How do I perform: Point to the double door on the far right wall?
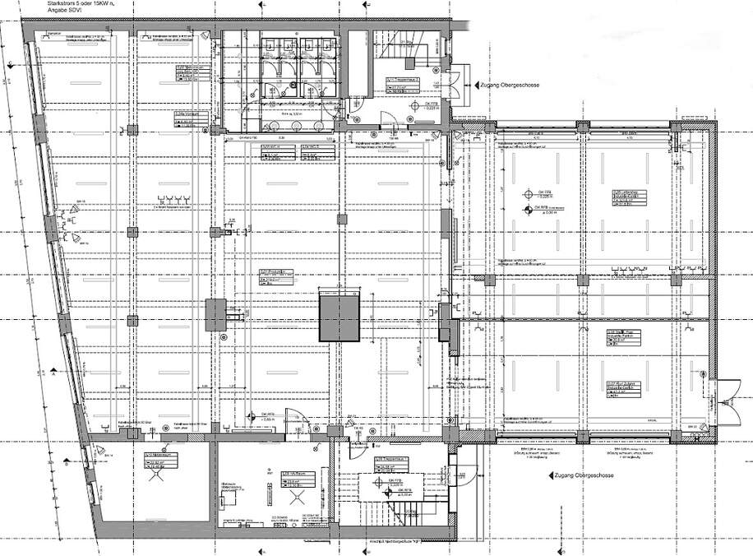(x=723, y=392)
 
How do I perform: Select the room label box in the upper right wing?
(x=624, y=197)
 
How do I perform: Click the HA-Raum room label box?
(x=295, y=480)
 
